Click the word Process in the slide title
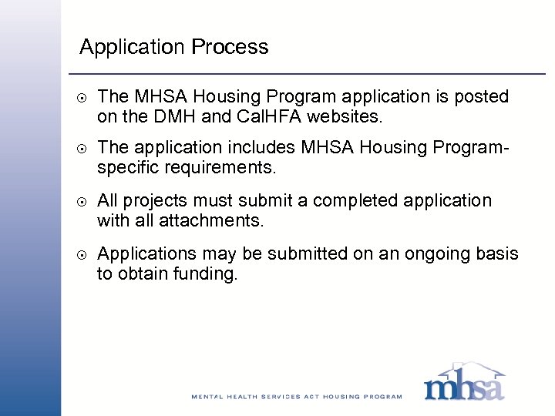pyautogui.click(x=230, y=47)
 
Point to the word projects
pyautogui.click(x=157, y=202)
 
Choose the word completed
pyautogui.click(x=355, y=201)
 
